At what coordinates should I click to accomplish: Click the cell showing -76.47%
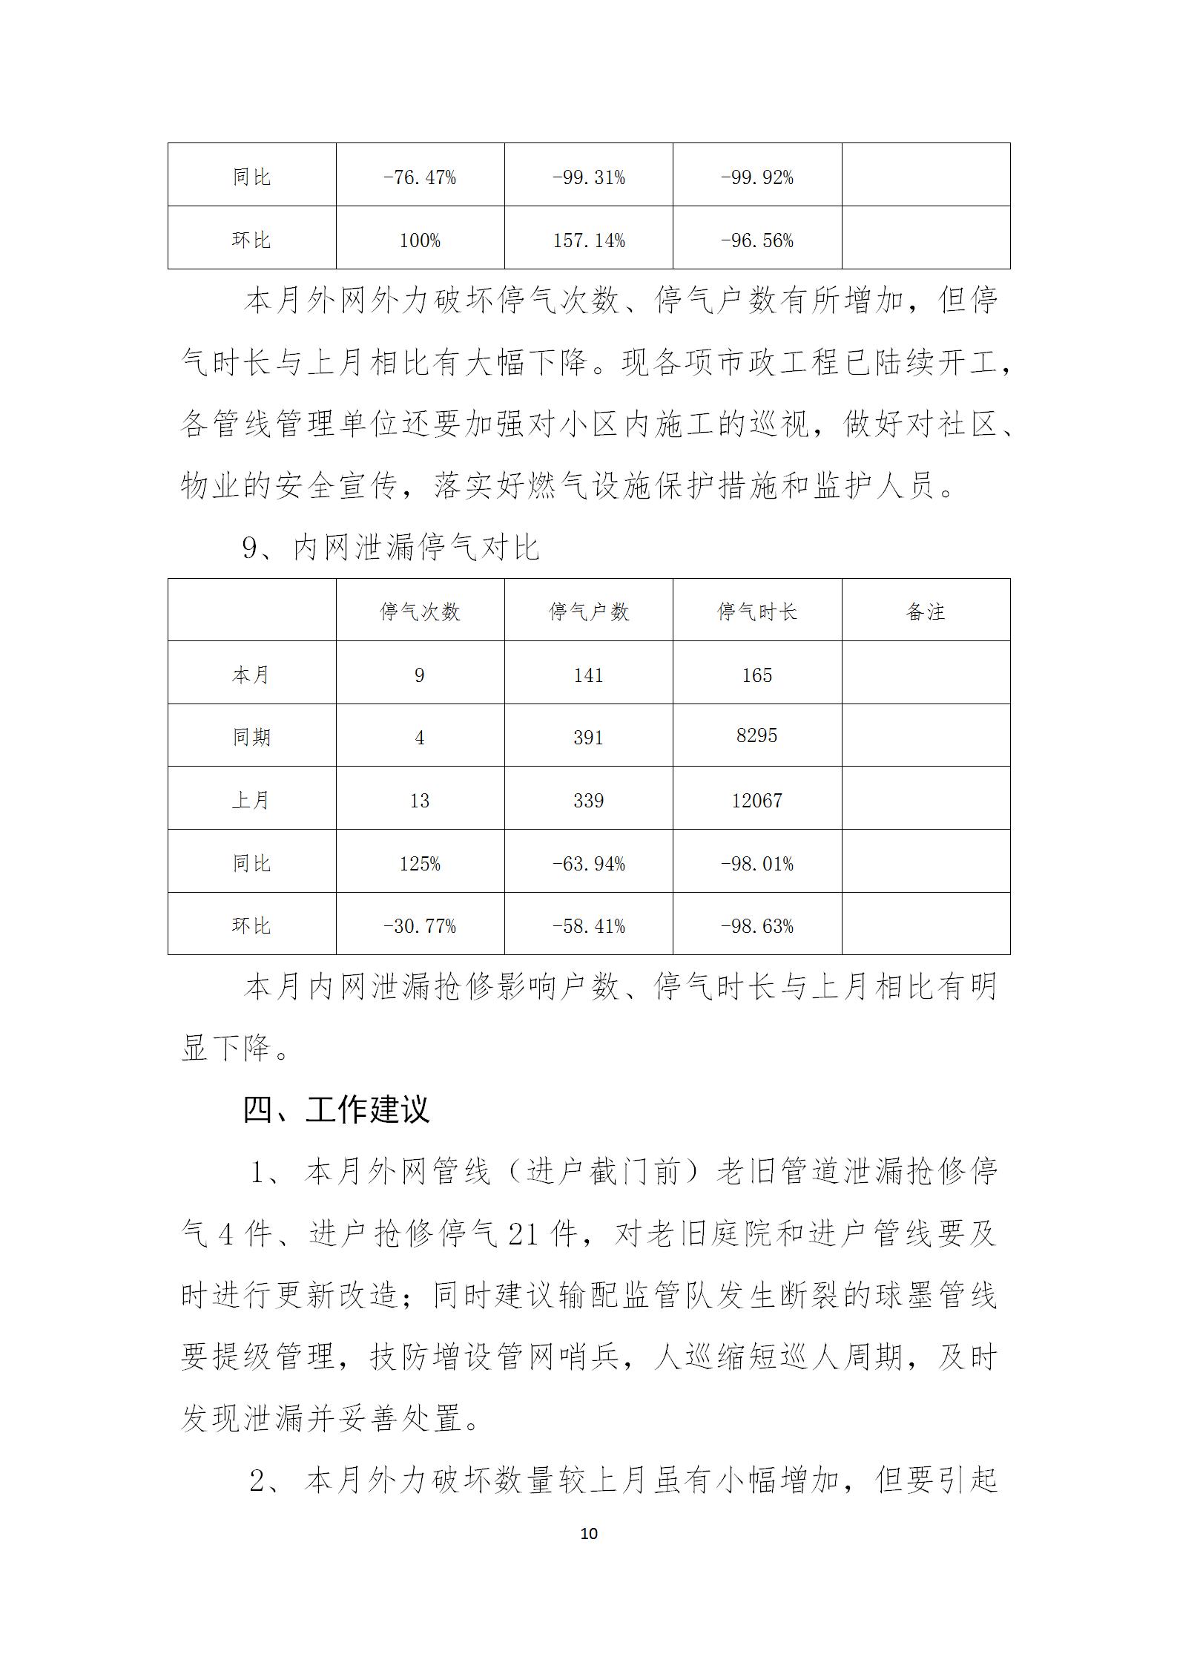pos(420,177)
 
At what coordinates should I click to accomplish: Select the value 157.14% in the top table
pos(588,240)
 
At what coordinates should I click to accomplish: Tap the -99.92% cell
pos(756,177)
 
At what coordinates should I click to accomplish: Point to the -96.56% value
pos(756,240)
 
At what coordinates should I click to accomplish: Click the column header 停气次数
pos(420,611)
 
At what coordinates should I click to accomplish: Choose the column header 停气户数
pos(588,611)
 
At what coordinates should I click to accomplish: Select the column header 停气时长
pos(756,611)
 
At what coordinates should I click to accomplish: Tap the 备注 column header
pos(926,611)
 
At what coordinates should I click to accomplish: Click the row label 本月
pos(251,675)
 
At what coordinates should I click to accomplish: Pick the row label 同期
pos(251,737)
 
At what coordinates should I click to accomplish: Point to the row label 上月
pos(251,800)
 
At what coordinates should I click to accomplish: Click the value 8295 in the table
pos(756,735)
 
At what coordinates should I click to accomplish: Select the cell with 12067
pos(756,800)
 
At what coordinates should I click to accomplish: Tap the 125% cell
pos(420,863)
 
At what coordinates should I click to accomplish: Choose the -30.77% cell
pos(420,926)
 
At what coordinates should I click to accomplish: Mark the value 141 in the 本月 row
pos(588,675)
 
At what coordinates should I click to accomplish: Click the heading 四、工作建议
pos(336,1111)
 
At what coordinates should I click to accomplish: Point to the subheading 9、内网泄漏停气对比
pos(391,548)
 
